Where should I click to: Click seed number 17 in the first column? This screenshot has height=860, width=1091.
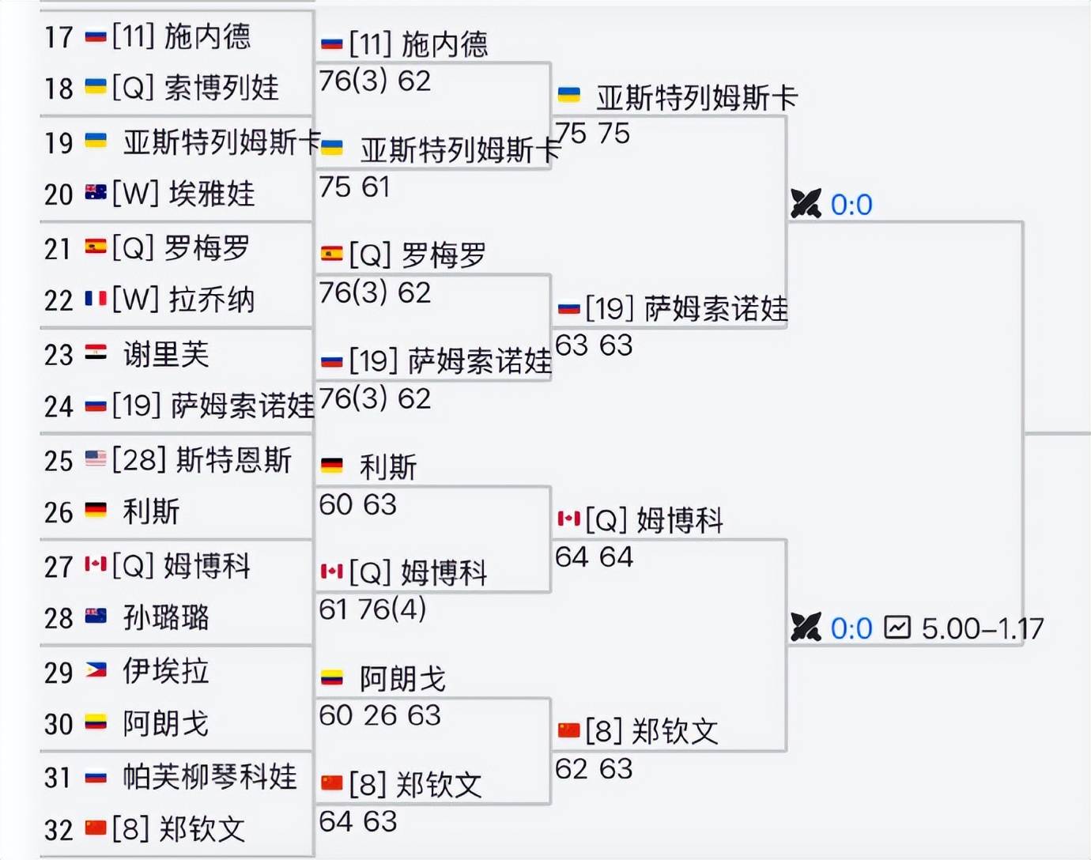coord(59,37)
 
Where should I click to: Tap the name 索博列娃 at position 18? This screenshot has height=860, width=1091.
coord(221,88)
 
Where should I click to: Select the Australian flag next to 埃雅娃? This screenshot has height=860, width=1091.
coord(96,192)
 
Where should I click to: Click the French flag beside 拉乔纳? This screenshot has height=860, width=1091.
coord(96,298)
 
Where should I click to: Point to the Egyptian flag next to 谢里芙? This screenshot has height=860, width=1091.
coord(96,352)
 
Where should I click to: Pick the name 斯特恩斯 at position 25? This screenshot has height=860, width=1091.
coord(234,460)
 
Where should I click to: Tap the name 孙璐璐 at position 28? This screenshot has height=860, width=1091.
coord(166,617)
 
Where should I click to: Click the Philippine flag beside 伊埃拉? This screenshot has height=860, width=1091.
coord(96,670)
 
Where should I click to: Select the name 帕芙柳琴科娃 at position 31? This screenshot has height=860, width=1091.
coord(210,776)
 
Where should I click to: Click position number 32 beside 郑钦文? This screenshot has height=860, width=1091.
coord(59,830)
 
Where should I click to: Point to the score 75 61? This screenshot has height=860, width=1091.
coord(354,187)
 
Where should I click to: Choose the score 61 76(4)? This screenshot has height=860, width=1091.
coord(372,609)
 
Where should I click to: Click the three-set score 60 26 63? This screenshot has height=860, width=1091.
coord(379,715)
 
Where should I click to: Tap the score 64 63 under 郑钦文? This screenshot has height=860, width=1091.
coord(358,821)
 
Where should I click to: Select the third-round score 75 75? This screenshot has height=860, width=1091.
coord(592,134)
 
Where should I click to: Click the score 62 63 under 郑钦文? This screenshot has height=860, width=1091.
coord(594,769)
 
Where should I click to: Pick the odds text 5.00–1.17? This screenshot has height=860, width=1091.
coord(983,628)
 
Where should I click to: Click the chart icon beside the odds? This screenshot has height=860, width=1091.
coord(898,628)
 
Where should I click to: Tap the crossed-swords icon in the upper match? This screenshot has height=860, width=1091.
coord(806,203)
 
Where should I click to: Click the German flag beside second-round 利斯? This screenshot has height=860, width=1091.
coord(331,465)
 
